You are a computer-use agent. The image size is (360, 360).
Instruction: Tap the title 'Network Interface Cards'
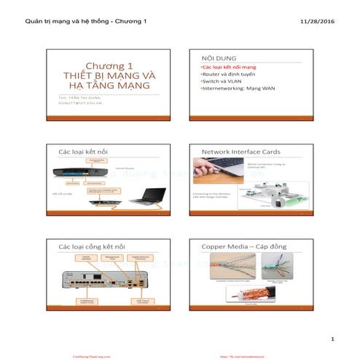click(x=241, y=152)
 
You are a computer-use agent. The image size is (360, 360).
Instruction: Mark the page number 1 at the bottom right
click(x=332, y=340)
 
